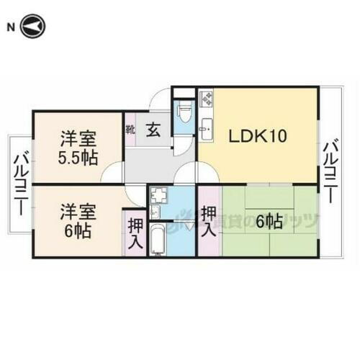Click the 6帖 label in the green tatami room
(268, 222)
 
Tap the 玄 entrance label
(153, 130)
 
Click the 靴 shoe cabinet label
(130, 130)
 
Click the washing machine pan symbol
(158, 194)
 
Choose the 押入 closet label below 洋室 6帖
(134, 235)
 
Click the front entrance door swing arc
(162, 99)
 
